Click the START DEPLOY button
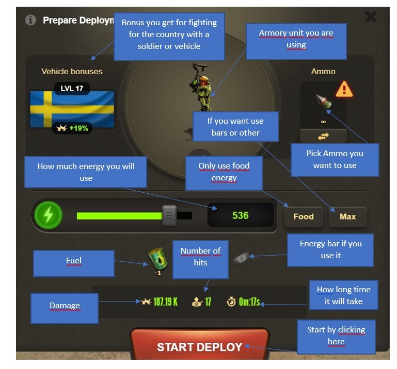click(x=199, y=344)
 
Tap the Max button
click(x=347, y=216)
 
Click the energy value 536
click(x=240, y=215)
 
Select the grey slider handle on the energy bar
click(x=169, y=215)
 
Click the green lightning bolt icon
click(x=48, y=215)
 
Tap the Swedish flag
click(x=72, y=109)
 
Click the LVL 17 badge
click(x=72, y=89)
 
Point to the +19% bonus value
click(x=78, y=128)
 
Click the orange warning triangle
click(x=344, y=90)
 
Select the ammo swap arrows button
click(x=323, y=137)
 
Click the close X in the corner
click(x=371, y=17)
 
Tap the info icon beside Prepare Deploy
click(x=30, y=20)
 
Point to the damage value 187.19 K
click(x=165, y=301)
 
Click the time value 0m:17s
click(x=249, y=301)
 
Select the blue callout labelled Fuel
click(x=74, y=263)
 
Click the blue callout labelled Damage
click(x=65, y=308)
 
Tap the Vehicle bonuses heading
click(x=72, y=72)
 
